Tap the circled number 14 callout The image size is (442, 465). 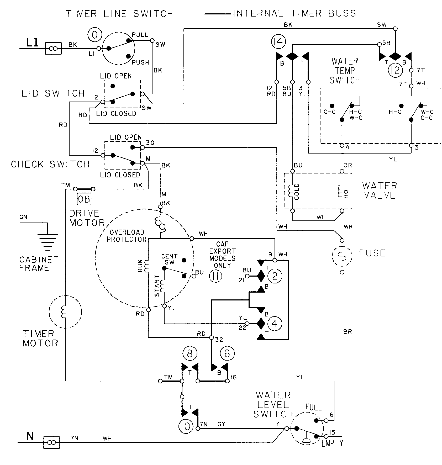tap(278, 42)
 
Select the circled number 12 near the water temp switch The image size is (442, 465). tap(395, 70)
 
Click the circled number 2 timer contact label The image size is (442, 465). tap(275, 276)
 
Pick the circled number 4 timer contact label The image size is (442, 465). tap(275, 324)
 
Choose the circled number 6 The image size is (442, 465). tap(227, 353)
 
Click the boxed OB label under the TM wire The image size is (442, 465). tap(84, 200)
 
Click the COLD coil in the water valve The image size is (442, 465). tap(291, 191)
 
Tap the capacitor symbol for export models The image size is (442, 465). tap(215, 276)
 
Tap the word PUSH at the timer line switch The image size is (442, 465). tap(140, 62)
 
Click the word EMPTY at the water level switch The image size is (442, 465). tap(332, 443)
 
